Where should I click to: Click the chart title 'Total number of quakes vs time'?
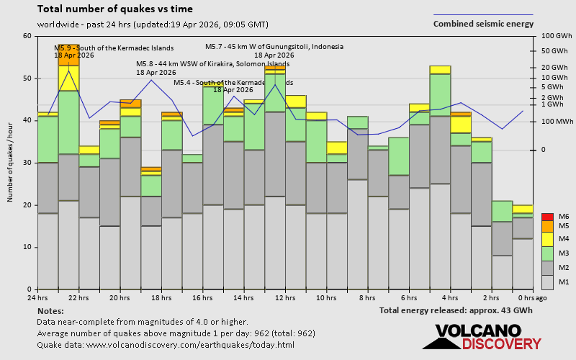click(114, 9)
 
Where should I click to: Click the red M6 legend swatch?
click(547, 217)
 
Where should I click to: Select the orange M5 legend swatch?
click(547, 226)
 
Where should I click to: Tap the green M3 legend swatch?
click(547, 253)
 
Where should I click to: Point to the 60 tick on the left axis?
click(27, 36)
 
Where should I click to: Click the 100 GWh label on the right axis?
click(556, 36)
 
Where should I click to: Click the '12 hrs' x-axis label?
click(285, 297)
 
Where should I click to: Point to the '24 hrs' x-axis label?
click(37, 297)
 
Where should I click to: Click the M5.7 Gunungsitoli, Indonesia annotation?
click(274, 47)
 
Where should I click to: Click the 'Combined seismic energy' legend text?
click(483, 24)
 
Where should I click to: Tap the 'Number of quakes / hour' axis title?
click(11, 163)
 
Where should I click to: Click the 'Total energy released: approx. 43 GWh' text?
click(456, 310)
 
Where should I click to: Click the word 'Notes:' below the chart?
click(50, 310)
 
